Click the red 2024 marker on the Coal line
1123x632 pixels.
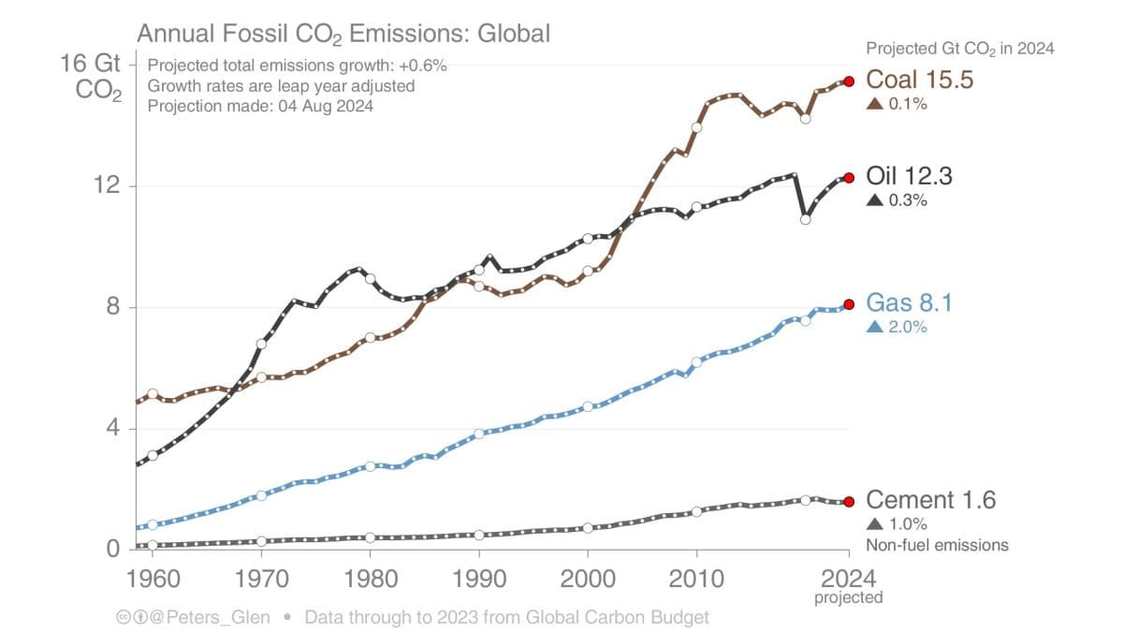849,81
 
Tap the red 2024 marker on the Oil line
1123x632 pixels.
849,178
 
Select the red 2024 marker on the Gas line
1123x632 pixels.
849,304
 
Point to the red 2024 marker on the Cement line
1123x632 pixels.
849,502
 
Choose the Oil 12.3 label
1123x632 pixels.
909,176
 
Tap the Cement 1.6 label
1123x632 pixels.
930,500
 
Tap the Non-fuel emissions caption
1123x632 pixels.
937,545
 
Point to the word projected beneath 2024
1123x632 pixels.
848,595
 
